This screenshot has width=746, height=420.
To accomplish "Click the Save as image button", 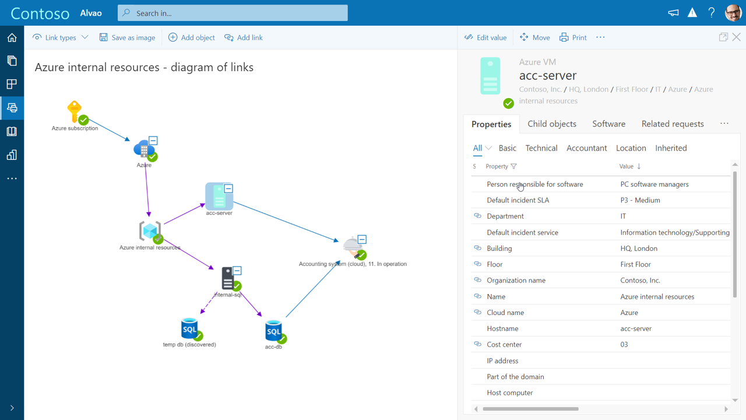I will click(127, 37).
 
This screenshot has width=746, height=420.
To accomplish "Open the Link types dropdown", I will click(61, 37).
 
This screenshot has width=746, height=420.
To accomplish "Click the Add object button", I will click(192, 37).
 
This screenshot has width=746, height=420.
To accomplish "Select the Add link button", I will click(244, 37).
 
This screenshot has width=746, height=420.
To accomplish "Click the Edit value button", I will click(485, 37).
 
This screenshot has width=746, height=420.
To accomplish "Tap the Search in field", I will click(233, 13).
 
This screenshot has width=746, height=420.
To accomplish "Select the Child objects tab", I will click(552, 124).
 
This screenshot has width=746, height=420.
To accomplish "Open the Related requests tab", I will click(673, 124).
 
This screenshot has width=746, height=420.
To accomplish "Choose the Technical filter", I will click(541, 148).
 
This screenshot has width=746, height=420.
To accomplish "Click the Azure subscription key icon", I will click(75, 111).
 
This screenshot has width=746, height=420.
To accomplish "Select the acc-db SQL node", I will click(273, 331).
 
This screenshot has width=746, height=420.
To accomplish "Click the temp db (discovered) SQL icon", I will click(189, 329).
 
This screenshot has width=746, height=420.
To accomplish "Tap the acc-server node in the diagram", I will click(219, 197).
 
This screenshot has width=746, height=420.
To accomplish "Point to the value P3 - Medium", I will click(640, 200).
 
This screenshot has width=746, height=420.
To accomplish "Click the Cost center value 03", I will click(624, 345).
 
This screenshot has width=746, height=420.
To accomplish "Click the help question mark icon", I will click(711, 13).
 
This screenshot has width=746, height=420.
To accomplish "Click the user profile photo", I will click(733, 13).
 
